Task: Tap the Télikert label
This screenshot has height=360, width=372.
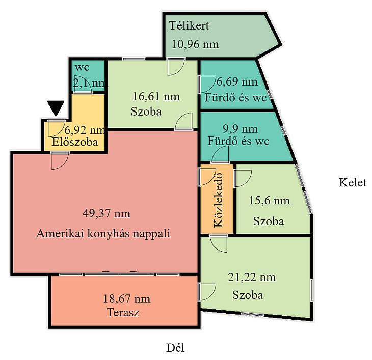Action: click(x=190, y=25)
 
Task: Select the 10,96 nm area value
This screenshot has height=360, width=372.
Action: click(x=195, y=44)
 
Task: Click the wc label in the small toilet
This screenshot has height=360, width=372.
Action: click(x=82, y=67)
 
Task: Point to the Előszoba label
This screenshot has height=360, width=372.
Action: click(x=75, y=142)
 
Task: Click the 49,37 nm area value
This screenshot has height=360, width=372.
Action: click(x=107, y=213)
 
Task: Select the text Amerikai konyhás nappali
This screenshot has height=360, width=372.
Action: click(x=103, y=233)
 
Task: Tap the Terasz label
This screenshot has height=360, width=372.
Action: click(x=123, y=312)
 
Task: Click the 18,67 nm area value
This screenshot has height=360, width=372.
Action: click(x=126, y=299)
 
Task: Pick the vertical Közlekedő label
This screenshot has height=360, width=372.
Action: click(x=219, y=200)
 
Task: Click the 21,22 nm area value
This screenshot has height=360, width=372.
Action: click(x=252, y=278)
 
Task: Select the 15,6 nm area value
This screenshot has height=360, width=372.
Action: click(x=269, y=201)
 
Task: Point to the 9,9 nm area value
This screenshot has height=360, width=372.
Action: click(x=241, y=129)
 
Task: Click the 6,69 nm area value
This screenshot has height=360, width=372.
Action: click(x=237, y=82)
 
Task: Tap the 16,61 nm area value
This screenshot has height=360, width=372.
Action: click(x=156, y=96)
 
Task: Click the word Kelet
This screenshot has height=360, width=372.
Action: click(x=353, y=182)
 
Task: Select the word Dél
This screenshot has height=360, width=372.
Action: click(x=175, y=348)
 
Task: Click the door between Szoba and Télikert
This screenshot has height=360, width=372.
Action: click(x=176, y=67)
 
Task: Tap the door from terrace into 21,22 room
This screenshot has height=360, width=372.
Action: click(x=207, y=292)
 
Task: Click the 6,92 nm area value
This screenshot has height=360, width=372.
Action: click(x=85, y=130)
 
